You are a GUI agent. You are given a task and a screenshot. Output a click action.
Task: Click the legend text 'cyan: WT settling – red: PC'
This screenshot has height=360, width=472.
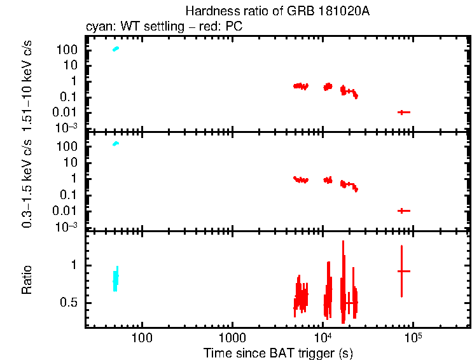point(164,27)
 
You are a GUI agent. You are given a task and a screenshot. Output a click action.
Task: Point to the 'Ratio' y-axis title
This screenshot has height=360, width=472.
point(27,279)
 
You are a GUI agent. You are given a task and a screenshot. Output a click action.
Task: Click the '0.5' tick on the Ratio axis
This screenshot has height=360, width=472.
point(70,303)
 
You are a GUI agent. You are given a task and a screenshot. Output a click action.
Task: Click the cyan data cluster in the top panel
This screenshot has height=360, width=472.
point(116,49)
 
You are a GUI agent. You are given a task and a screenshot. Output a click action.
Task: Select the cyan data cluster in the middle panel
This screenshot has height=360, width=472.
point(116,144)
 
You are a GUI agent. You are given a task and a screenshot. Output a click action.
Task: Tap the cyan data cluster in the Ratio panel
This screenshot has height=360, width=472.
point(116,278)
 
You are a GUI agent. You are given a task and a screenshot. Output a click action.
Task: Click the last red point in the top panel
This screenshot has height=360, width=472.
point(403,112)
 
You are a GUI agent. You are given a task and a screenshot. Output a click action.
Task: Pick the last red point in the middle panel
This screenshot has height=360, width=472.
point(403,211)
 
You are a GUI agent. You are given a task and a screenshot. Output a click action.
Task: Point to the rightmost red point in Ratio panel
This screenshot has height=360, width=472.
point(402,271)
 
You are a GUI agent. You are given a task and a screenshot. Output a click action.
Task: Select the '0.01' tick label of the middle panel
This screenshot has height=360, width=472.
point(66,211)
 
